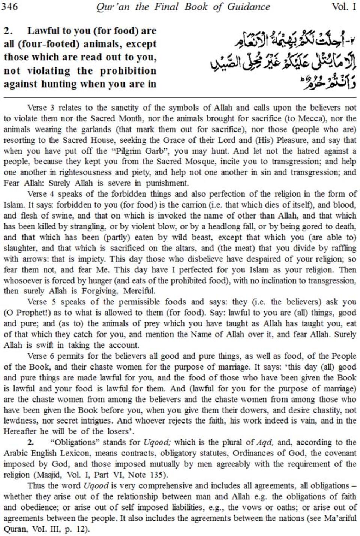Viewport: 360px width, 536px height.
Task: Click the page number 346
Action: (9, 7)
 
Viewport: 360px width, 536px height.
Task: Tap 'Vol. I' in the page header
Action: (344, 7)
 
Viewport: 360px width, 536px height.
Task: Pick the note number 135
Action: (155, 475)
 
